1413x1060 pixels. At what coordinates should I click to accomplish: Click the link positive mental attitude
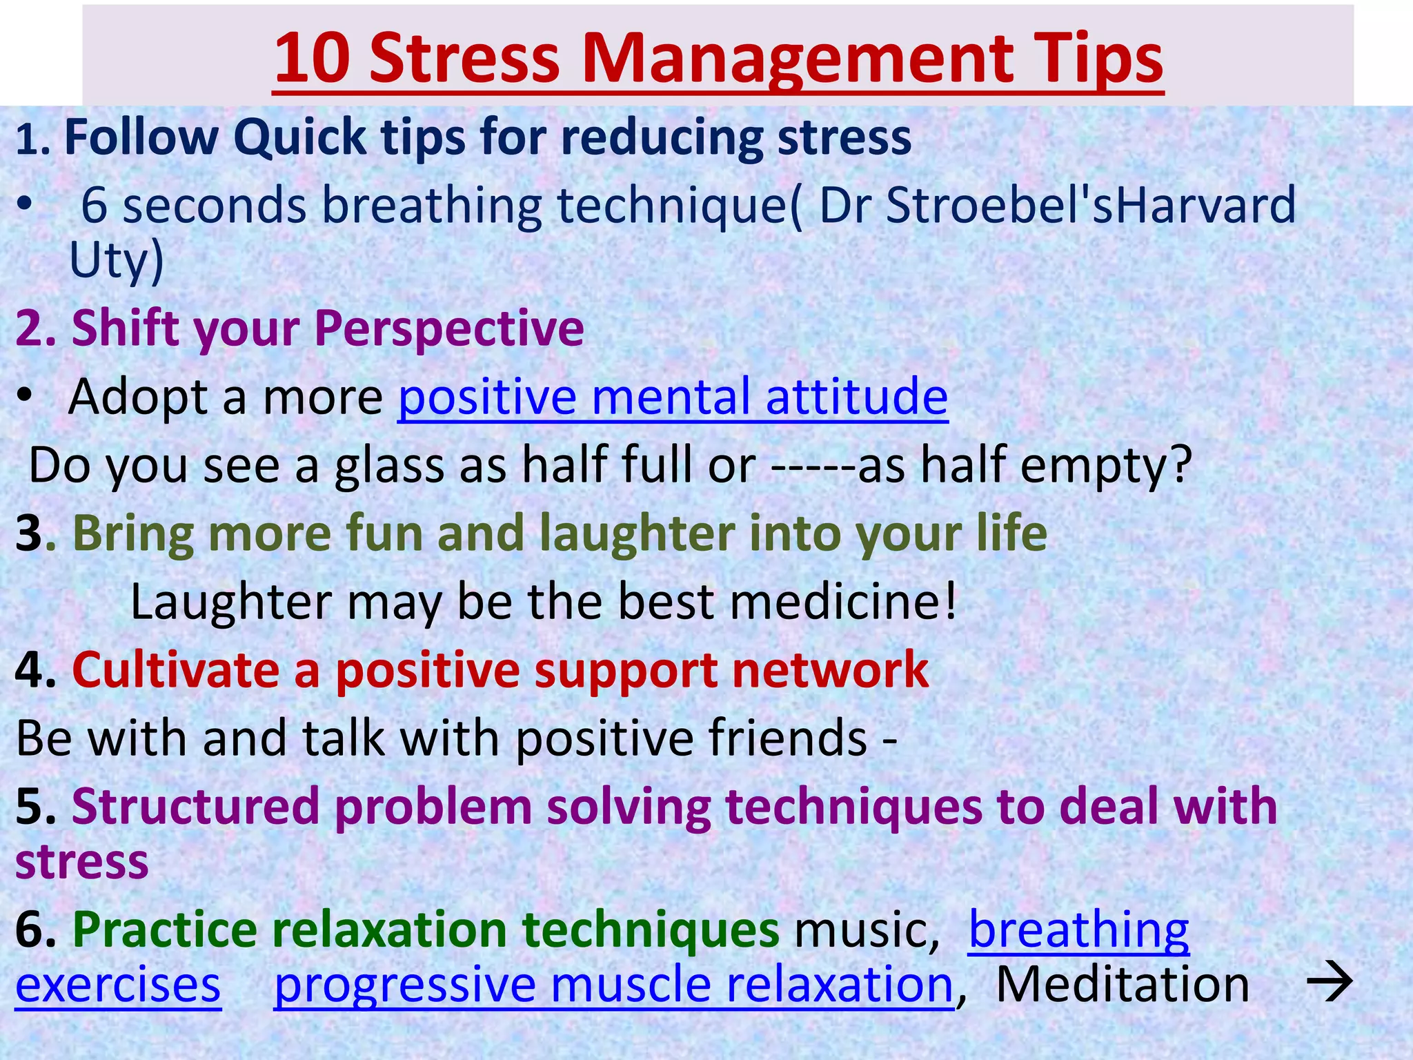[673, 397]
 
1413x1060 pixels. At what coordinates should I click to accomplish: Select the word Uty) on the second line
[116, 261]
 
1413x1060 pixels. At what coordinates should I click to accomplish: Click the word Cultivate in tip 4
[175, 669]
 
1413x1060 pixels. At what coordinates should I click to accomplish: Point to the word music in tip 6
[866, 930]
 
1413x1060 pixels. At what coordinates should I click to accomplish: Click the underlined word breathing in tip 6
[1078, 930]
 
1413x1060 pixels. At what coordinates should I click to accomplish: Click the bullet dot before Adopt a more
[26, 396]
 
